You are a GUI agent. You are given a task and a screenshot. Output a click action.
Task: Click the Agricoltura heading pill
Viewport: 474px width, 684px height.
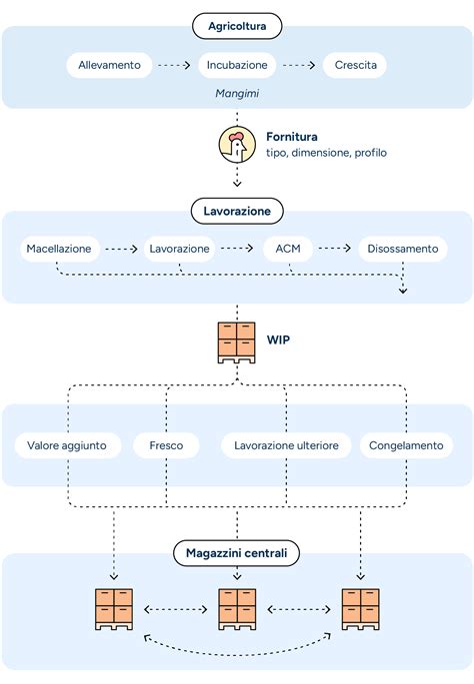[x=237, y=25]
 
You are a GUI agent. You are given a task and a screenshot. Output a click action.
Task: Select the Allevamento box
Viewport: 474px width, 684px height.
[x=110, y=66]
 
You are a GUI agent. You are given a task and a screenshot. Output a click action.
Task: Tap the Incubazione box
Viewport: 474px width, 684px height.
[x=237, y=66]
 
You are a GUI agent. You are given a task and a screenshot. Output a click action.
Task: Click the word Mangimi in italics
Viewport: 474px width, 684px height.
[x=237, y=93]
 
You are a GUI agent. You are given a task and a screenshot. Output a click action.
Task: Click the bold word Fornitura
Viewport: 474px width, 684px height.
[x=292, y=136]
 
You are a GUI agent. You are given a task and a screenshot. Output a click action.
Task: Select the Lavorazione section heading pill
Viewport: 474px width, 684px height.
[x=237, y=211]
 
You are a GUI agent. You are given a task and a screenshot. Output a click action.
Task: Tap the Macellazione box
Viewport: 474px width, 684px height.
[x=59, y=248]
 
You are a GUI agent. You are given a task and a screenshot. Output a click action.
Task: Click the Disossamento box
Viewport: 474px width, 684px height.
[x=403, y=248]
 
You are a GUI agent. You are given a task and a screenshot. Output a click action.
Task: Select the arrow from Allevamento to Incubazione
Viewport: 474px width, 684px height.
[x=174, y=66]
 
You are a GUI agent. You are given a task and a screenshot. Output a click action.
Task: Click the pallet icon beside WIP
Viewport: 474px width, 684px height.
[x=237, y=342]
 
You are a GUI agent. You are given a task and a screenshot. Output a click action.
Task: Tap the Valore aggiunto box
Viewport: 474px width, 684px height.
[x=67, y=445]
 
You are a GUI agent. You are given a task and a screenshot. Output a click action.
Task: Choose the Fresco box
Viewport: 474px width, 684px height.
[x=166, y=445]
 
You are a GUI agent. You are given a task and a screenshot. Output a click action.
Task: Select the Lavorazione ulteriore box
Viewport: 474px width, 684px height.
[x=286, y=445]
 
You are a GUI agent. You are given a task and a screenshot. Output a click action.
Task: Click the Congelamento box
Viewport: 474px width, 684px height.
[x=406, y=445]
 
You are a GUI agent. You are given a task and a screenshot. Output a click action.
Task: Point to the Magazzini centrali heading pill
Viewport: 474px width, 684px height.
[x=237, y=552]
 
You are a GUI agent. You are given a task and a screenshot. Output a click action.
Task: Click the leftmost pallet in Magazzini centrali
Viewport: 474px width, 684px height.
[x=114, y=608]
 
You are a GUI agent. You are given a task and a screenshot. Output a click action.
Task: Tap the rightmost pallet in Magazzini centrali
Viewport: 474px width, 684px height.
[x=360, y=608]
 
